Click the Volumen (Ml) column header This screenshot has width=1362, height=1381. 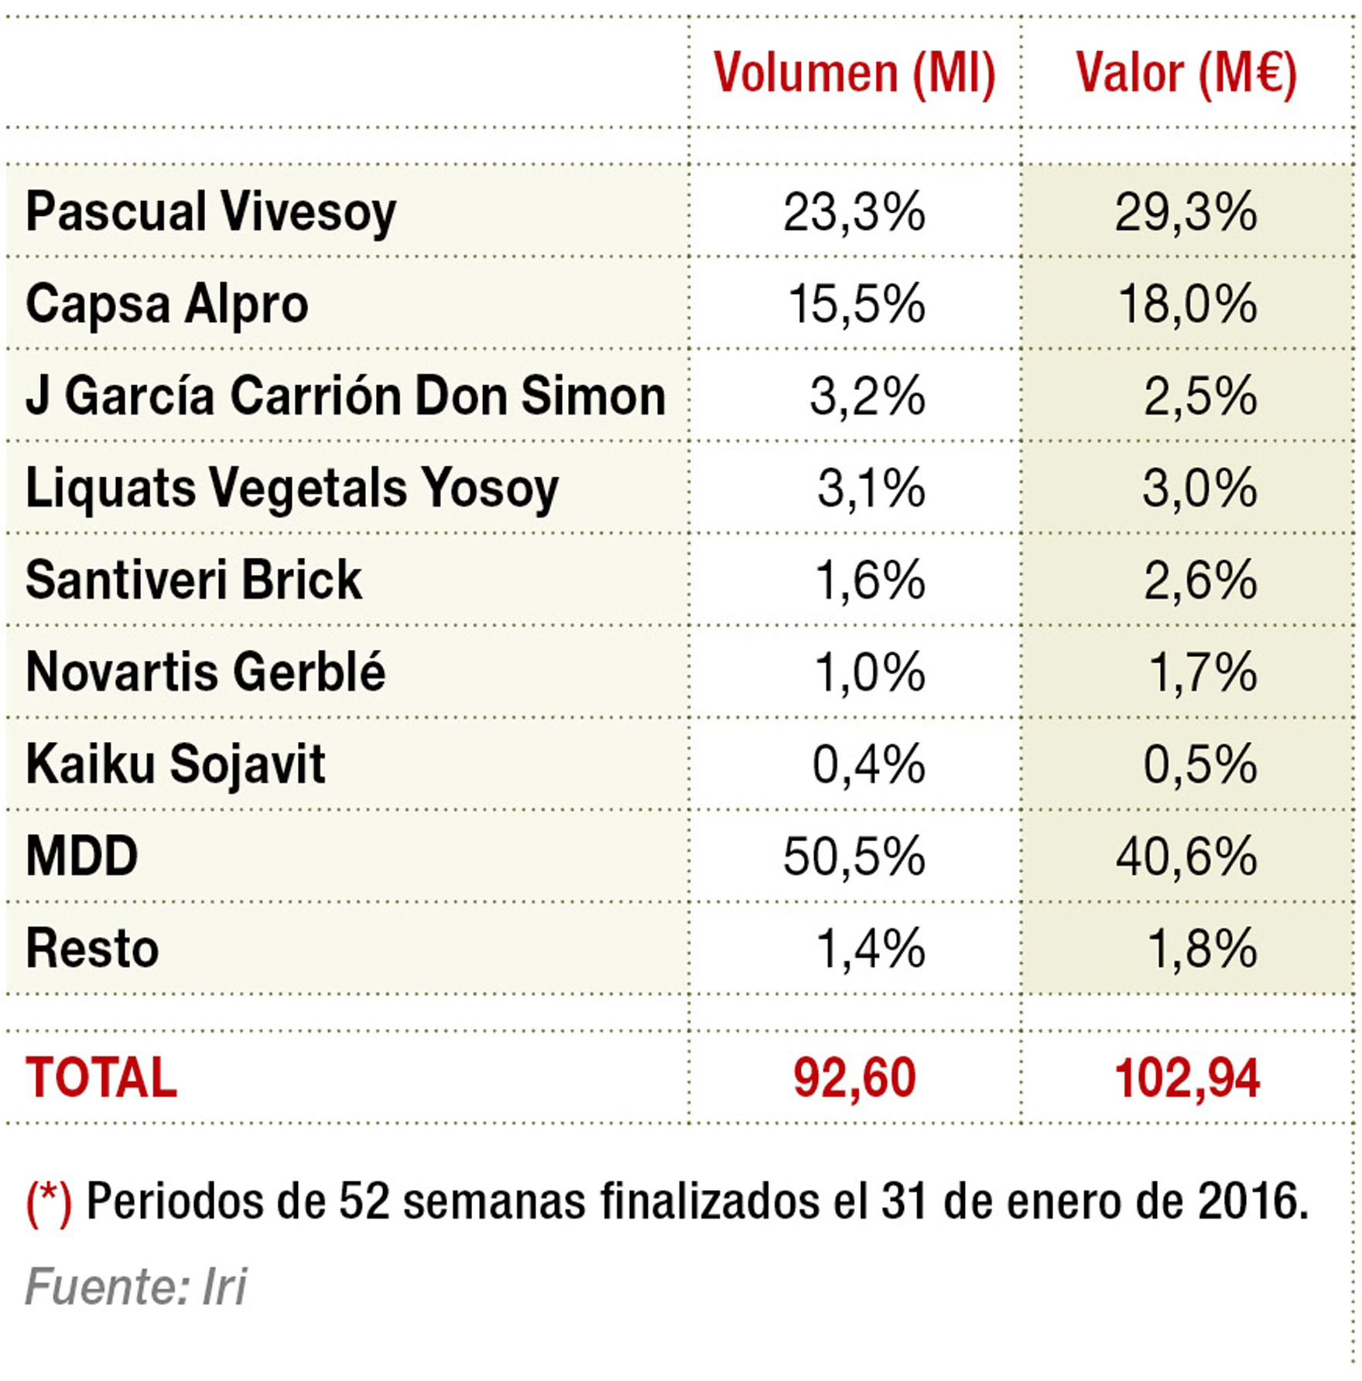854,74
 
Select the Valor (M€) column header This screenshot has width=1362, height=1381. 1186,74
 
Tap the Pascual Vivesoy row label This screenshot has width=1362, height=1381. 210,212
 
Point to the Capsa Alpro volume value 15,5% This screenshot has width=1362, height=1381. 856,303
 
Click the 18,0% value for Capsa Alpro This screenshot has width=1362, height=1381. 1187,303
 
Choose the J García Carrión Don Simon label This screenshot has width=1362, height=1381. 345,395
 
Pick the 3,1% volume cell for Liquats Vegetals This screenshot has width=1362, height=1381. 871,487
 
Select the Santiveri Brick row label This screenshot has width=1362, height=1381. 193,579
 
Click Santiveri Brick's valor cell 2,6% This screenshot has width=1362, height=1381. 1199,579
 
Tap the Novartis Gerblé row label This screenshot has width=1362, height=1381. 205,672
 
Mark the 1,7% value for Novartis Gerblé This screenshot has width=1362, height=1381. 1202,672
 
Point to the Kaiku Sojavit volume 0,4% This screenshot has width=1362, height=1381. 868,764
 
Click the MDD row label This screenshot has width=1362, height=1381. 81,856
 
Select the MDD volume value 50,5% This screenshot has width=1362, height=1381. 854,856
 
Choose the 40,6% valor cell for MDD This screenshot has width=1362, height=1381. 1186,856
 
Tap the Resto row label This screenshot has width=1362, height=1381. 92,949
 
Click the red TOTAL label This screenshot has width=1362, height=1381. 101,1078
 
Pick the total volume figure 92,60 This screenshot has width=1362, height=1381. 854,1078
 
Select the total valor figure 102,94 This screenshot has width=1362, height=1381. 1187,1078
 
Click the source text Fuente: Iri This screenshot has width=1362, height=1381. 135,1287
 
